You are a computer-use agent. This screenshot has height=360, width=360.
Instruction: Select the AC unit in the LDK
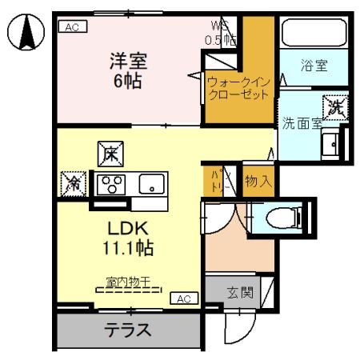coord(182,298)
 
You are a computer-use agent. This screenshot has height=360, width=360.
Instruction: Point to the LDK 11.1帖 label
coord(126,237)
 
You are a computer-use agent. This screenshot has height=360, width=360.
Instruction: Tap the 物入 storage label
coord(258,182)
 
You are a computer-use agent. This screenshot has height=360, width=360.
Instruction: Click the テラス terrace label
coord(126,330)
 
